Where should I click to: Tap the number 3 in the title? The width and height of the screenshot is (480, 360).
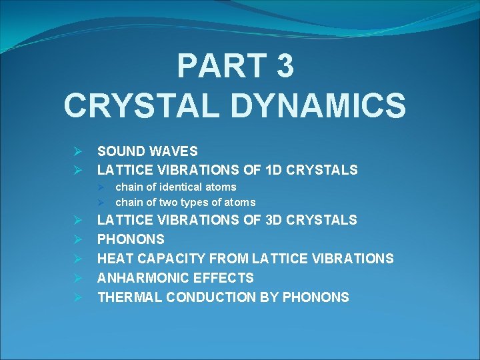(x=283, y=67)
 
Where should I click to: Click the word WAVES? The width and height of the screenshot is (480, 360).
(x=175, y=151)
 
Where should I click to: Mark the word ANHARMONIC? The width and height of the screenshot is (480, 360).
(x=141, y=278)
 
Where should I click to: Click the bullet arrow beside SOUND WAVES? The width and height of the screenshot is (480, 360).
(x=78, y=152)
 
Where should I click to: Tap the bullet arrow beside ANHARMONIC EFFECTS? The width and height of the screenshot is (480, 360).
(x=78, y=278)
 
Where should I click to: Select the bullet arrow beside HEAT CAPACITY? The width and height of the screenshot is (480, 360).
(x=78, y=259)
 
